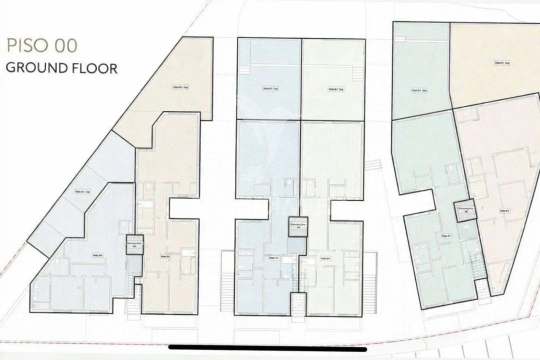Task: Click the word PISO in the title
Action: [24, 45]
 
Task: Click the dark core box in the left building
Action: [134, 245]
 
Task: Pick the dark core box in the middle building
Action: [298, 226]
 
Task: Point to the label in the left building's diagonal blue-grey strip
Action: [82, 191]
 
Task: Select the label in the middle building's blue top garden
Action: [270, 89]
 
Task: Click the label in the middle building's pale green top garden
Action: [335, 89]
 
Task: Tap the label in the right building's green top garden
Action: [418, 90]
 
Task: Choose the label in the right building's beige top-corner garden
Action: [501, 63]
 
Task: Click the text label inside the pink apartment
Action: [504, 210]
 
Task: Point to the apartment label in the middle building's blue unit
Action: [273, 258]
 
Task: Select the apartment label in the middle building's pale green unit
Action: [325, 258]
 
